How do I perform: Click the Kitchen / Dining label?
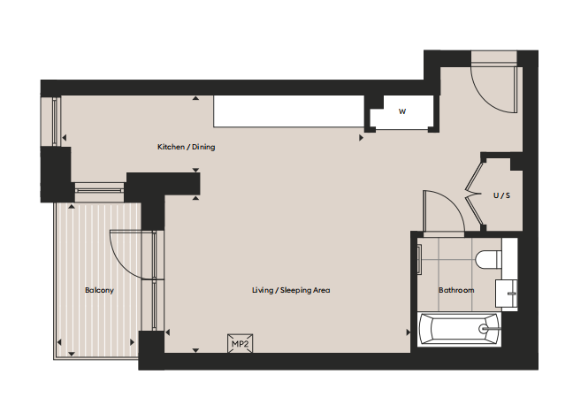tap(186, 147)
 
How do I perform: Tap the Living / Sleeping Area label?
tap(291, 290)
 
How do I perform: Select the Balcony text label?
tap(99, 290)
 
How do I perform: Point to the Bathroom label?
tap(456, 290)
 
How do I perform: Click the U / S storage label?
tap(501, 195)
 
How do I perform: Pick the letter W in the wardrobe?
tap(402, 111)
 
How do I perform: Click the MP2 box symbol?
tap(241, 344)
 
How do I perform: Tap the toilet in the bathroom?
tap(489, 260)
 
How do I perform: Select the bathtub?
tap(459, 329)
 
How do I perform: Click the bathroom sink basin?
tap(506, 294)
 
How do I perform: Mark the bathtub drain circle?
tap(483, 329)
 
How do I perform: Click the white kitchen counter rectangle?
tap(288, 111)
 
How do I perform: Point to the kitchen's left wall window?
tap(55, 121)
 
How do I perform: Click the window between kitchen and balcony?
tap(99, 190)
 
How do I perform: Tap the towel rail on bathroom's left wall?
tap(419, 260)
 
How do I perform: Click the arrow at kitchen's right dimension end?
tap(361, 138)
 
